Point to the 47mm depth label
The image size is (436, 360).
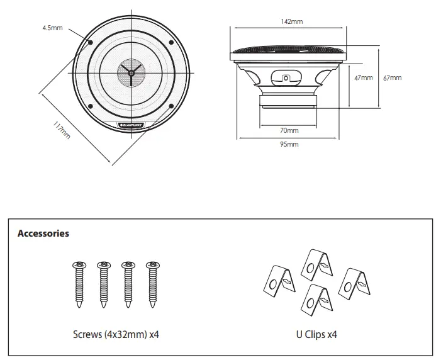click(x=363, y=78)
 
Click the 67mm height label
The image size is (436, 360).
click(x=391, y=78)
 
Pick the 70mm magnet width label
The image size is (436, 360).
click(x=289, y=130)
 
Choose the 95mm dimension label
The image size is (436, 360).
click(x=289, y=144)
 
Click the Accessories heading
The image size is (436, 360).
click(x=43, y=233)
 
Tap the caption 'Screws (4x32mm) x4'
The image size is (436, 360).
click(x=116, y=334)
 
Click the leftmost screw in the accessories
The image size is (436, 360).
click(x=80, y=283)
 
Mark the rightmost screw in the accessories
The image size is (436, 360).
click(x=151, y=283)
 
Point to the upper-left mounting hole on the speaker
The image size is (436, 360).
click(x=92, y=42)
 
